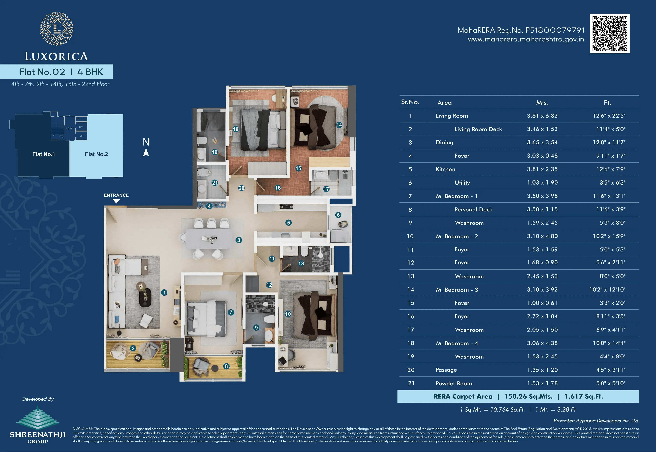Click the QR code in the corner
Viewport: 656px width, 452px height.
click(x=610, y=33)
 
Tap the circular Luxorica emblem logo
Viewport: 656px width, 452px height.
click(x=57, y=29)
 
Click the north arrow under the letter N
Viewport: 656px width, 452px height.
click(x=146, y=153)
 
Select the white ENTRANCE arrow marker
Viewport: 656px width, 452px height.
click(x=116, y=201)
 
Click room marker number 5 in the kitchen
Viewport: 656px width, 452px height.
click(x=289, y=223)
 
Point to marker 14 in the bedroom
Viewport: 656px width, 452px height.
click(x=339, y=125)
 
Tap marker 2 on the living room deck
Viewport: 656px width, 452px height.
click(x=133, y=348)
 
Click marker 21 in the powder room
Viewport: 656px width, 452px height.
click(x=215, y=183)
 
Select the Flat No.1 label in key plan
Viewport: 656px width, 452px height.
click(x=44, y=154)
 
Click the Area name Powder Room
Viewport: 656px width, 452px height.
click(x=454, y=383)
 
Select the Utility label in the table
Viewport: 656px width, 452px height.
click(x=462, y=183)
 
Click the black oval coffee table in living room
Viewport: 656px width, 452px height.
click(x=145, y=298)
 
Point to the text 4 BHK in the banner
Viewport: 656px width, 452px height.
click(x=90, y=72)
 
